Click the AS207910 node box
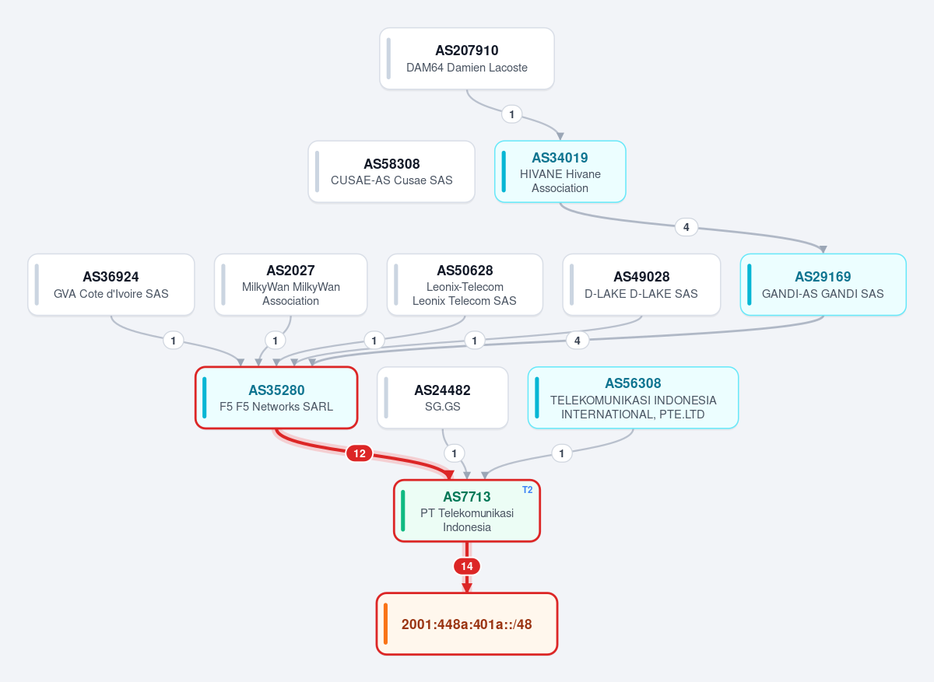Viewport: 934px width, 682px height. click(x=466, y=58)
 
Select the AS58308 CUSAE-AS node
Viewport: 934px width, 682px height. click(x=392, y=172)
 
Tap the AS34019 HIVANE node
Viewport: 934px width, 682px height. click(x=560, y=172)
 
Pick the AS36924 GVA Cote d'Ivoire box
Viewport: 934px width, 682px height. click(x=111, y=285)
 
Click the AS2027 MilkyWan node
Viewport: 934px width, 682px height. click(x=290, y=285)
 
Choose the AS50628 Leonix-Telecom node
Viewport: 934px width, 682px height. click(x=465, y=285)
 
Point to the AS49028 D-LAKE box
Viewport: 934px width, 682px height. click(x=641, y=285)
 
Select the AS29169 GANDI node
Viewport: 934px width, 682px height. click(x=823, y=285)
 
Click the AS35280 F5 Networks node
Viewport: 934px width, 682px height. click(x=276, y=397)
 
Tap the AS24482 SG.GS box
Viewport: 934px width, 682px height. click(x=442, y=397)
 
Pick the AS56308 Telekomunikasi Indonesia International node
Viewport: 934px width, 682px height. click(x=633, y=397)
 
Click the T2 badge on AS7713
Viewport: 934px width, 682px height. click(x=528, y=489)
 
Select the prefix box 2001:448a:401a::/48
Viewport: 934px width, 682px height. click(x=466, y=624)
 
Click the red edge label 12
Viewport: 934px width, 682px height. click(x=360, y=453)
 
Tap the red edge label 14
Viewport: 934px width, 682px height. click(x=467, y=566)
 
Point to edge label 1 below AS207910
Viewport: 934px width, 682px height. click(x=511, y=114)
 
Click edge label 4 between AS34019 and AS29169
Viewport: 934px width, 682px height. click(x=686, y=227)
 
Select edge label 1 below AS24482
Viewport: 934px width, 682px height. click(x=454, y=453)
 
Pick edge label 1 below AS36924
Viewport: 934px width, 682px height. click(x=173, y=341)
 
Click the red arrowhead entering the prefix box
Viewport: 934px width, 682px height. click(x=467, y=587)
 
